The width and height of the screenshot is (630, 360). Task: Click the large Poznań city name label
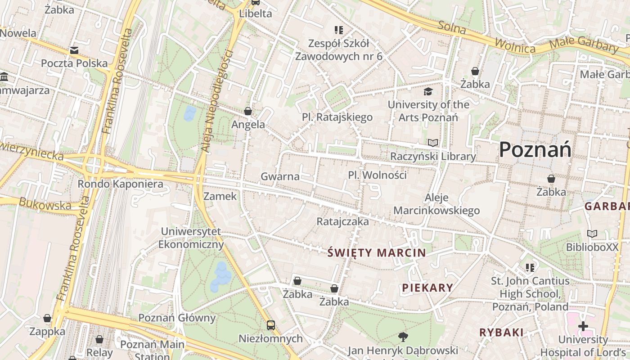(x=535, y=149)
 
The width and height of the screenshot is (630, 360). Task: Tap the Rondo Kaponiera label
(x=120, y=184)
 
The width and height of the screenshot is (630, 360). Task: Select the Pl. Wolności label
(x=377, y=175)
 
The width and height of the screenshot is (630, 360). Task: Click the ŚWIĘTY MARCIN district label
(x=377, y=252)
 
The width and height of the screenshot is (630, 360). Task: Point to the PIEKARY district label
(x=427, y=288)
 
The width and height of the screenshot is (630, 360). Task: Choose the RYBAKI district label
(x=501, y=333)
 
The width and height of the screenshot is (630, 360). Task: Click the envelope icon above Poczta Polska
(x=74, y=50)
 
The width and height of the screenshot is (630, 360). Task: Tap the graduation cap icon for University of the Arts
(x=427, y=92)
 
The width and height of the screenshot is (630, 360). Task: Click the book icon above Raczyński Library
(x=433, y=143)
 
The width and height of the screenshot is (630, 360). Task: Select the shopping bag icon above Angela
(x=248, y=111)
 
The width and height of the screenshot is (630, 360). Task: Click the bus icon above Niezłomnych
(x=270, y=325)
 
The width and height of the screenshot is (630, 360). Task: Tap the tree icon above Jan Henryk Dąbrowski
(x=403, y=337)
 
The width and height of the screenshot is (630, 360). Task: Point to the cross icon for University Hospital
(x=583, y=326)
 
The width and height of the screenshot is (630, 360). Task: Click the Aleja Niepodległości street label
(x=217, y=101)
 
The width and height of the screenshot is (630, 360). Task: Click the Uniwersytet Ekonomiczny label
(x=191, y=238)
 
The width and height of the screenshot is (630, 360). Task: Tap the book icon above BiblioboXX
(x=592, y=234)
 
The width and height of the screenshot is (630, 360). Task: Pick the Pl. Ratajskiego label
(x=337, y=117)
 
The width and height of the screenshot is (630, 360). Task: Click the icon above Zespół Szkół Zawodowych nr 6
(x=339, y=30)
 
